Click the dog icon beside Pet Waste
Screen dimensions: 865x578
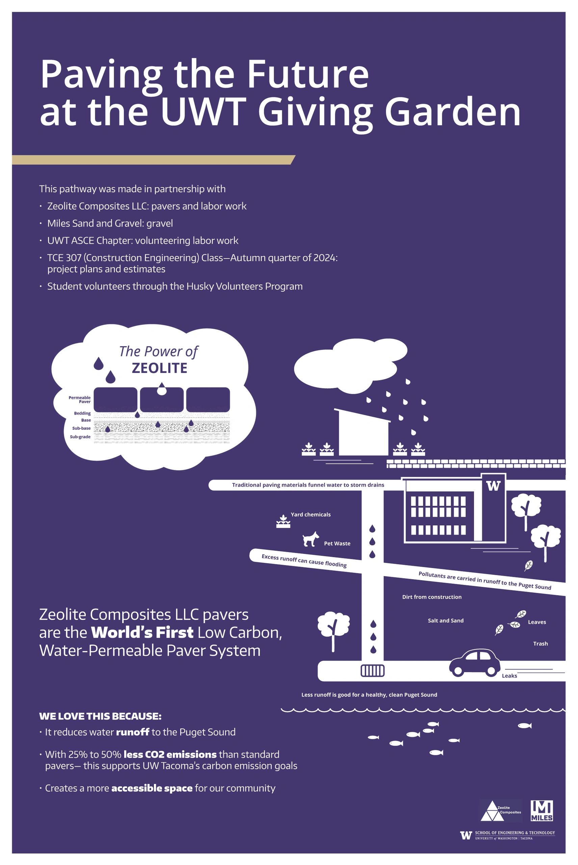coord(311,539)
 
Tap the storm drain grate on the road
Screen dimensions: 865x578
coord(372,670)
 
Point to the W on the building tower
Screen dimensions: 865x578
coord(493,486)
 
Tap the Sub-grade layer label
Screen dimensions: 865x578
coord(80,437)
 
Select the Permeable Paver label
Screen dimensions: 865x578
coord(80,399)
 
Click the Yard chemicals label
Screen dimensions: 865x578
coord(310,515)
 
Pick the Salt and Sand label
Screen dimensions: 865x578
coord(446,620)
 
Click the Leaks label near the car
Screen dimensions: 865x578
coord(509,676)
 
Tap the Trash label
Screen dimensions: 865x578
coord(541,644)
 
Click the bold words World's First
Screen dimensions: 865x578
coord(142,632)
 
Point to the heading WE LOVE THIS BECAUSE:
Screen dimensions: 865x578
coord(100,716)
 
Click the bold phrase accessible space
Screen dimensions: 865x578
coord(152,788)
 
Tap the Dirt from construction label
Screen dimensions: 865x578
coord(432,597)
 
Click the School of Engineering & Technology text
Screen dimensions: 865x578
coord(515,833)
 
